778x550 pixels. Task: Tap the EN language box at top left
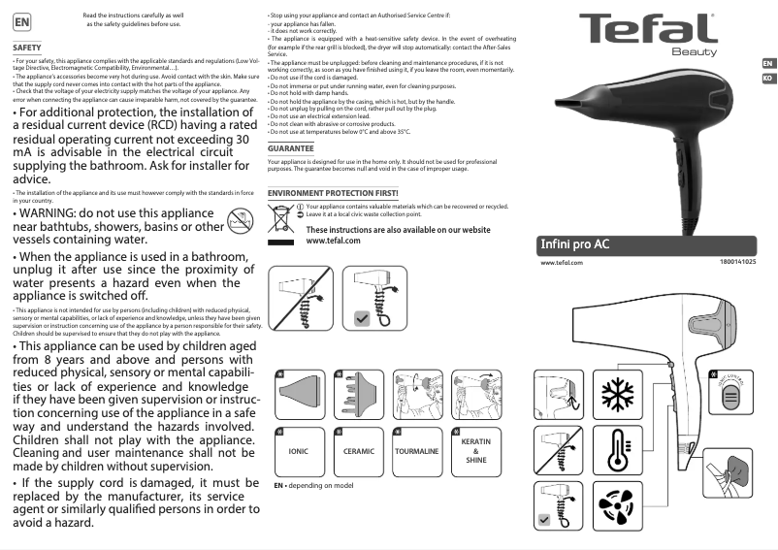21,20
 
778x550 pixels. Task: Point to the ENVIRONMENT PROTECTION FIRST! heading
333,194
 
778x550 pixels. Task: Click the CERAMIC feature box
359,451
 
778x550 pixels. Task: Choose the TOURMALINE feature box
417,451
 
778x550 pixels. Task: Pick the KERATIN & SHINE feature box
476,451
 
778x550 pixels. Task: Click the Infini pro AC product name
574,243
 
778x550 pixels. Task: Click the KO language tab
767,76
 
